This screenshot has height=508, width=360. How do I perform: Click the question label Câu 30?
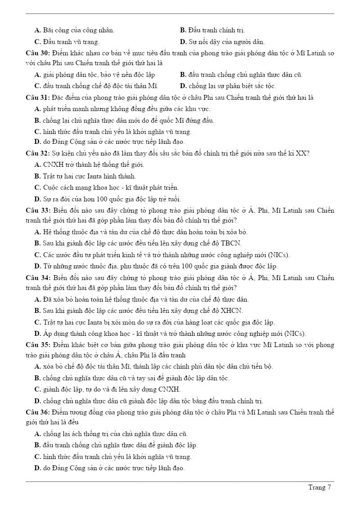[38, 53]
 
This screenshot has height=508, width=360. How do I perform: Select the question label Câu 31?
[38, 98]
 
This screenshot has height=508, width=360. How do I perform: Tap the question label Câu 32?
[38, 153]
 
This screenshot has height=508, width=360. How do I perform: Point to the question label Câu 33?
[38, 210]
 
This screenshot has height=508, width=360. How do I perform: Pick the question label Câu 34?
[38, 278]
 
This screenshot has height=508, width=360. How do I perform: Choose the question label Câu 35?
[38, 345]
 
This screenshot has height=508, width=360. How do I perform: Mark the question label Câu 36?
[38, 412]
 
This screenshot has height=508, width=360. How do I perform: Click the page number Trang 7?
[319, 487]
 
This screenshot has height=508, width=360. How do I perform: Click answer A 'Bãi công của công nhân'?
[74, 31]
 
